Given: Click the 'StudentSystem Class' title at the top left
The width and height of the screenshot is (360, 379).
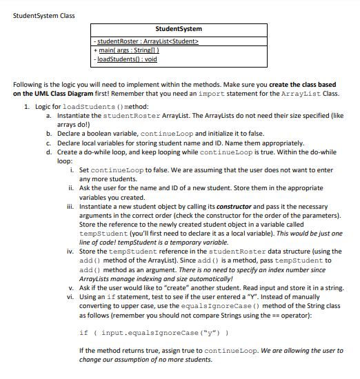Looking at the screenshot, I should pyautogui.click(x=39, y=14).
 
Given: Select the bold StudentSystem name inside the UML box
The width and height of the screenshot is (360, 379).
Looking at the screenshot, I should pyautogui.click(x=179, y=29).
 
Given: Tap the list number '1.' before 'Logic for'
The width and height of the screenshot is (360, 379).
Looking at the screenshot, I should pyautogui.click(x=27, y=107).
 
